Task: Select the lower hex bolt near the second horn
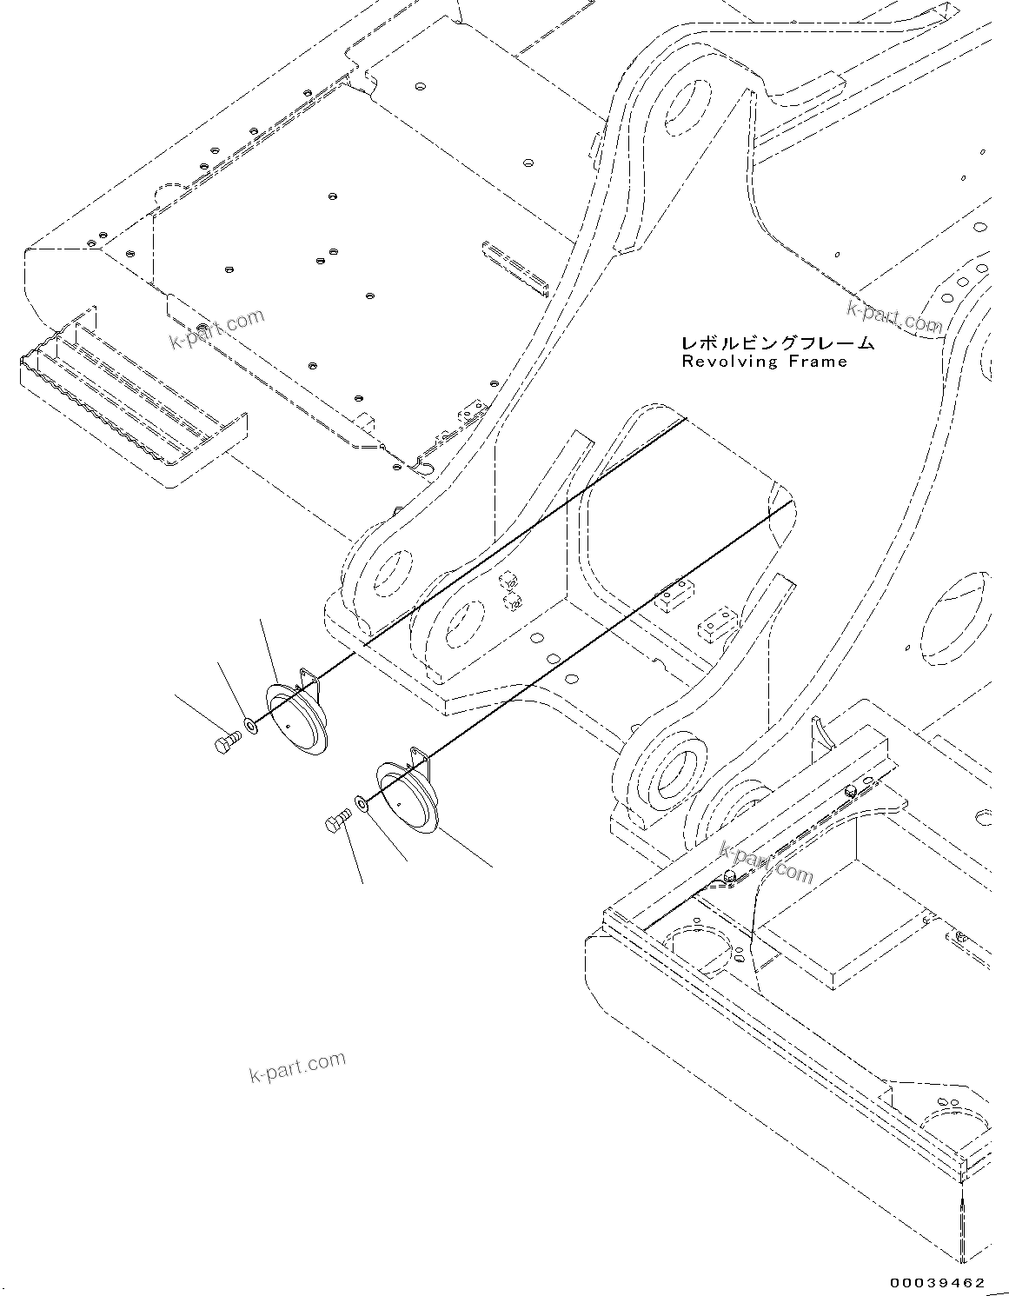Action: pyautogui.click(x=336, y=822)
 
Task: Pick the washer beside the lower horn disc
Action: pyautogui.click(x=360, y=804)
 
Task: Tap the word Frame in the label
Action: pyautogui.click(x=820, y=362)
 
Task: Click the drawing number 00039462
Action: pyautogui.click(x=937, y=1282)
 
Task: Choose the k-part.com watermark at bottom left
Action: pyautogui.click(x=296, y=1066)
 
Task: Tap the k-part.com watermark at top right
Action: pyautogui.click(x=895, y=316)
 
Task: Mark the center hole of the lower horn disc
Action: pyautogui.click(x=397, y=804)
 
